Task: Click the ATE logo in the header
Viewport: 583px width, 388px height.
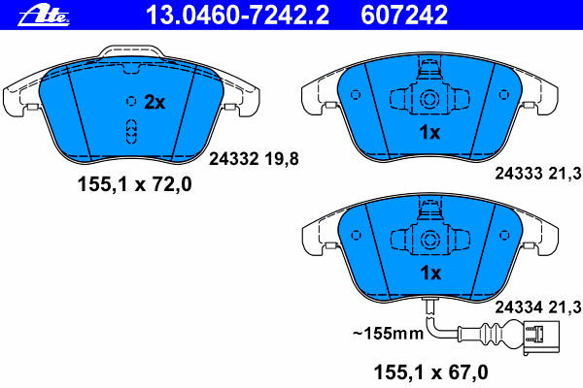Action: [44, 16]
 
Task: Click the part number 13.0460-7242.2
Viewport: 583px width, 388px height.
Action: [238, 15]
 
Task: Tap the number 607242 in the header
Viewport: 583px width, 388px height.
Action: [404, 15]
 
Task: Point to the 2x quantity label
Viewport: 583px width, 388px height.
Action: [154, 102]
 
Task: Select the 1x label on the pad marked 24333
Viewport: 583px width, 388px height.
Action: [429, 132]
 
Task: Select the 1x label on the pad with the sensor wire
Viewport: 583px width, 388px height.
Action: [430, 273]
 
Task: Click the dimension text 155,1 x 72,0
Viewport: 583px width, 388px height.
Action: [135, 184]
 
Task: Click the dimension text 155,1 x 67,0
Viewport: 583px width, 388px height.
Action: [430, 372]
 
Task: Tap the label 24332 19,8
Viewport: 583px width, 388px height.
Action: [254, 159]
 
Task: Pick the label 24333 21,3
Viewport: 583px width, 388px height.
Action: [538, 174]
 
